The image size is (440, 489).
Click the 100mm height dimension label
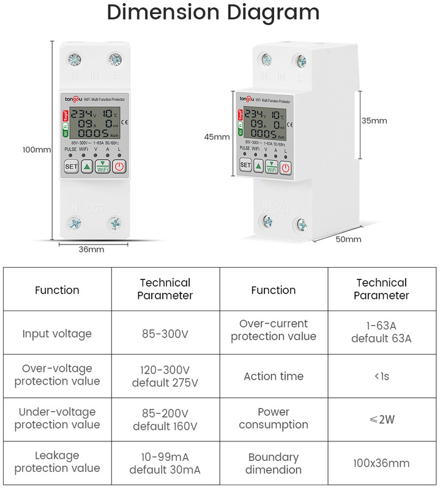pyautogui.click(x=37, y=149)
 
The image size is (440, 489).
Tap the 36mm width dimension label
pyautogui.click(x=92, y=249)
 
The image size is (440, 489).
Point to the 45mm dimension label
pyautogui.click(x=217, y=137)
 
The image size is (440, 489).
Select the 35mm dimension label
pyautogui.click(x=374, y=120)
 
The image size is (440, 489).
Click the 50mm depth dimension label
pyautogui.click(x=349, y=239)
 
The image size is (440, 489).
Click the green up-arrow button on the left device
pyautogui.click(x=87, y=166)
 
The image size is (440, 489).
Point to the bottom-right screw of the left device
pyautogui.click(x=114, y=224)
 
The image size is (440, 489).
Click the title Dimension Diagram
pyautogui.click(x=213, y=13)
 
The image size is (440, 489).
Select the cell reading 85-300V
pyautogui.click(x=165, y=334)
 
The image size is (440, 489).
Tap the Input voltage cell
pyautogui.click(x=57, y=334)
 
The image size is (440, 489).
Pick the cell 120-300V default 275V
pyautogui.click(x=165, y=377)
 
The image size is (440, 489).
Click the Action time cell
pyautogui.click(x=274, y=377)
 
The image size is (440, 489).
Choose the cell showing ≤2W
pyautogui.click(x=381, y=419)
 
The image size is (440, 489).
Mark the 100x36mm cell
pyautogui.click(x=381, y=463)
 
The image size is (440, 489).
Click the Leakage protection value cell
pyautogui.click(x=57, y=463)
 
